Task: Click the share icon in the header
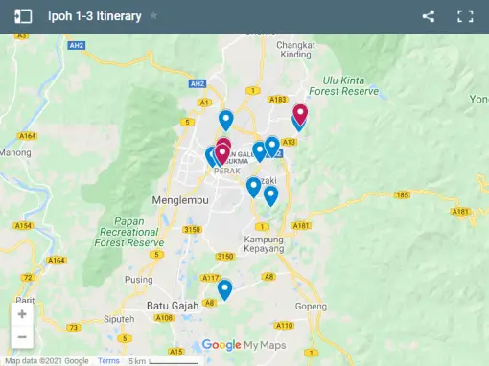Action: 429,16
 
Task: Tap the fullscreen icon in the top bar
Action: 465,16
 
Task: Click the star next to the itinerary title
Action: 154,16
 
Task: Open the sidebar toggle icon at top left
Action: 23,16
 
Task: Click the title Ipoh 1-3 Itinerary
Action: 95,16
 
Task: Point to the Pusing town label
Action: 139,280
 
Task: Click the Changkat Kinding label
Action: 295,50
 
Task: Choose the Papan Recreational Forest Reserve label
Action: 129,231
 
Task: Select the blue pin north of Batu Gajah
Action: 224,288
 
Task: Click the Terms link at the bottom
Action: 108,360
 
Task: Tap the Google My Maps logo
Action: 244,345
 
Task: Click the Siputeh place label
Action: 119,318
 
